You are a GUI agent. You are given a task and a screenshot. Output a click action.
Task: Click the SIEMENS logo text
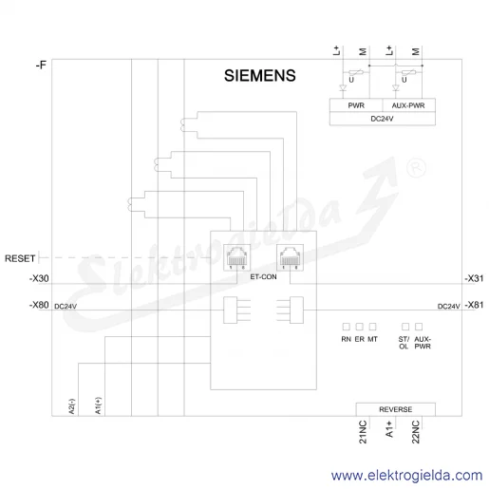pyautogui.click(x=260, y=76)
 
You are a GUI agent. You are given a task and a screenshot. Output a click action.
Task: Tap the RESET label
pyautogui.click(x=20, y=258)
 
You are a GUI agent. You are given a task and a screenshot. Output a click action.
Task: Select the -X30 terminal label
pyautogui.click(x=39, y=278)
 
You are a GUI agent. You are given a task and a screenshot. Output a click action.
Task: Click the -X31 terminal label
pyautogui.click(x=474, y=278)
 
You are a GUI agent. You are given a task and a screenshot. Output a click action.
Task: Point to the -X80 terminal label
pyautogui.click(x=39, y=305)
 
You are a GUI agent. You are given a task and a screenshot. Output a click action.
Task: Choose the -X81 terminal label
pyautogui.click(x=474, y=305)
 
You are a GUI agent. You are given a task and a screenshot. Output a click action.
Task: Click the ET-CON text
pyautogui.click(x=263, y=277)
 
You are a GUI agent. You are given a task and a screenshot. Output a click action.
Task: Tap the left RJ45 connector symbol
pyautogui.click(x=236, y=257)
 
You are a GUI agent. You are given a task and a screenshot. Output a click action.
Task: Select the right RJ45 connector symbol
pyautogui.click(x=290, y=257)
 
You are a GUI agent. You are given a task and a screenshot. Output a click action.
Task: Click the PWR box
pyautogui.click(x=356, y=105)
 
